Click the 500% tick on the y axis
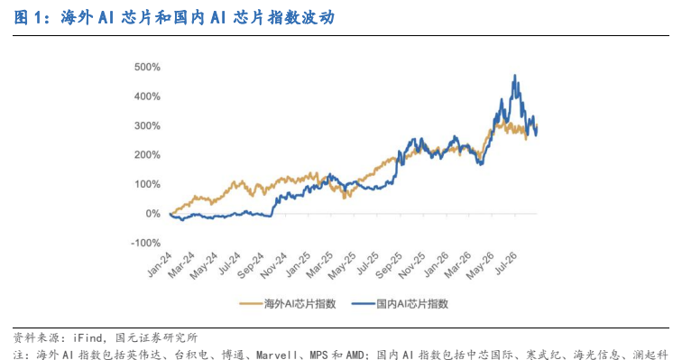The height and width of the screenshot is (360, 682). (147, 67)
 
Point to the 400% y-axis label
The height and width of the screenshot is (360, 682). (147, 97)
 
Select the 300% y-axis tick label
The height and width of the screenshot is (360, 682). (147, 125)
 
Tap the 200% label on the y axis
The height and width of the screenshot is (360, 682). (147, 155)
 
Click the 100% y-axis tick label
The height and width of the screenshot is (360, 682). (147, 184)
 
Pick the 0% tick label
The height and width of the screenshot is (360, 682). (152, 214)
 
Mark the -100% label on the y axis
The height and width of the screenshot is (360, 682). (146, 243)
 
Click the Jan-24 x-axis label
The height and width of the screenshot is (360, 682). (160, 264)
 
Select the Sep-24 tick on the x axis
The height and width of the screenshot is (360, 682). (251, 265)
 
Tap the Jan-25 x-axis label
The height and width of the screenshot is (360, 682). (298, 264)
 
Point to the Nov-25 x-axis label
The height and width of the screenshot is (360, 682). (411, 265)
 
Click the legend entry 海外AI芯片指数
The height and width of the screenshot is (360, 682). (288, 303)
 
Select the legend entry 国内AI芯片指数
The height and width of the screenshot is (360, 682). (400, 303)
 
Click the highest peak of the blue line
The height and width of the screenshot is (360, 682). (515, 75)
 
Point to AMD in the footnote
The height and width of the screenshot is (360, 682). (355, 355)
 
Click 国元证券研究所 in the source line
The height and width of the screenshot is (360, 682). (157, 337)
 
